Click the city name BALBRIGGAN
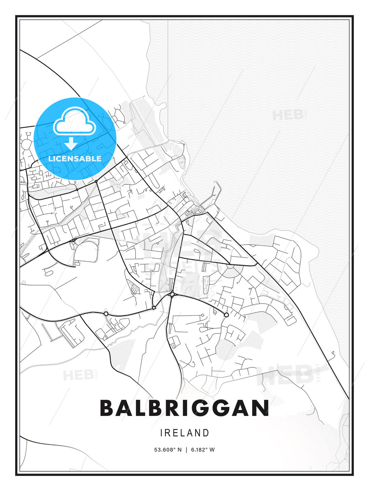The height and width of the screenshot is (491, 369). coord(184,408)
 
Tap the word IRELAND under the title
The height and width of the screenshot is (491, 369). coord(184,433)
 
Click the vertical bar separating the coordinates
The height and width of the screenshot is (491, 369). coord(186,450)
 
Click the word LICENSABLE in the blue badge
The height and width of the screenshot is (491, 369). coord(75,159)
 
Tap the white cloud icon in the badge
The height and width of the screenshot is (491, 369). coord(73,122)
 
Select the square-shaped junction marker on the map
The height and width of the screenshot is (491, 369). coord(154,308)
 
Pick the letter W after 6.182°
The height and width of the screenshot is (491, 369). coord(212,450)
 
